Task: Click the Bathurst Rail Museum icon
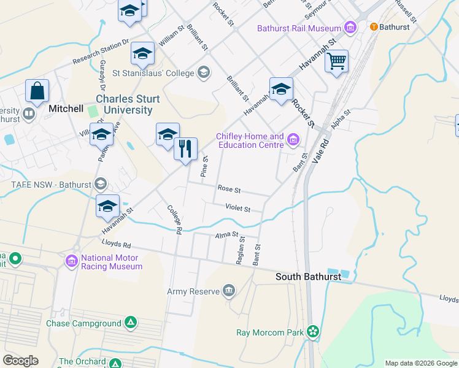click(x=350, y=28)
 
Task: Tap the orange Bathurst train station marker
click(x=373, y=27)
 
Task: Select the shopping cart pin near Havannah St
click(x=336, y=61)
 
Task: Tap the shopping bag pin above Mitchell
click(x=37, y=91)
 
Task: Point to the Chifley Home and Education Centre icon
click(x=293, y=140)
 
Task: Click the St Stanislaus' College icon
click(x=204, y=74)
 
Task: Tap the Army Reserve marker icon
click(x=229, y=291)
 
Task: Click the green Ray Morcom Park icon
click(x=314, y=332)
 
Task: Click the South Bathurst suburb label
click(x=308, y=277)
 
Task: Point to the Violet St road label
click(x=237, y=209)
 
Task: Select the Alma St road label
click(x=226, y=236)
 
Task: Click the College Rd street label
click(x=175, y=220)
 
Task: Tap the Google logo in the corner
click(x=20, y=361)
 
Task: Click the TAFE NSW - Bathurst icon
click(x=101, y=184)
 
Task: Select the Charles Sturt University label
click(x=128, y=104)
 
